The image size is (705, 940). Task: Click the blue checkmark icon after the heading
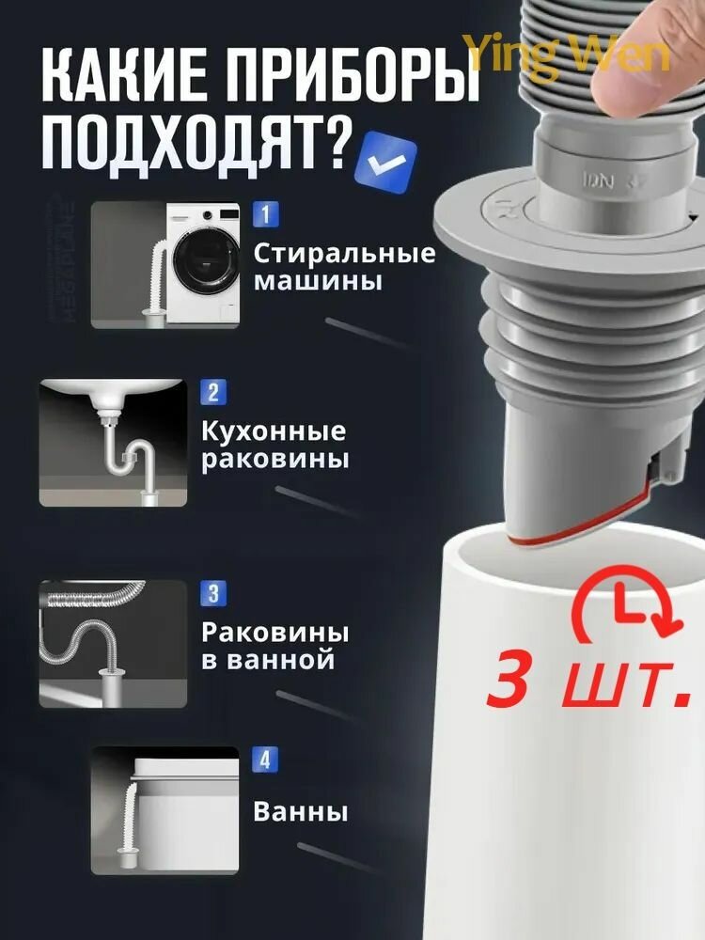pos(384,160)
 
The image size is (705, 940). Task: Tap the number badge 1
pos(265,214)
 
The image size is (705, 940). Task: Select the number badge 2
pos(213,393)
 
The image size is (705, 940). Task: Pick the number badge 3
pos(213,593)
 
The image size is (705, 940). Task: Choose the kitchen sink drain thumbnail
pos(113,443)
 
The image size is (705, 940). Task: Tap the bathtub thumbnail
pos(165,808)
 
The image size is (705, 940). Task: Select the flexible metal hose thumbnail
pos(113,644)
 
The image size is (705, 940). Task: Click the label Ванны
pos(301,811)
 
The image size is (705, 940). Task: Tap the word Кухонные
pos(274,431)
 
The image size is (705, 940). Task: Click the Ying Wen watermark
pos(568,54)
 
